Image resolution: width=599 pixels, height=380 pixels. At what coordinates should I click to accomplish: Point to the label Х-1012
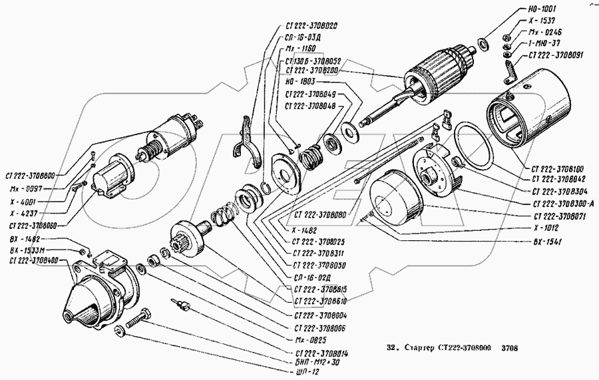(546, 227)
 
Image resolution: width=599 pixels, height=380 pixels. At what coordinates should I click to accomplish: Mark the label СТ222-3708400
(34, 261)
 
